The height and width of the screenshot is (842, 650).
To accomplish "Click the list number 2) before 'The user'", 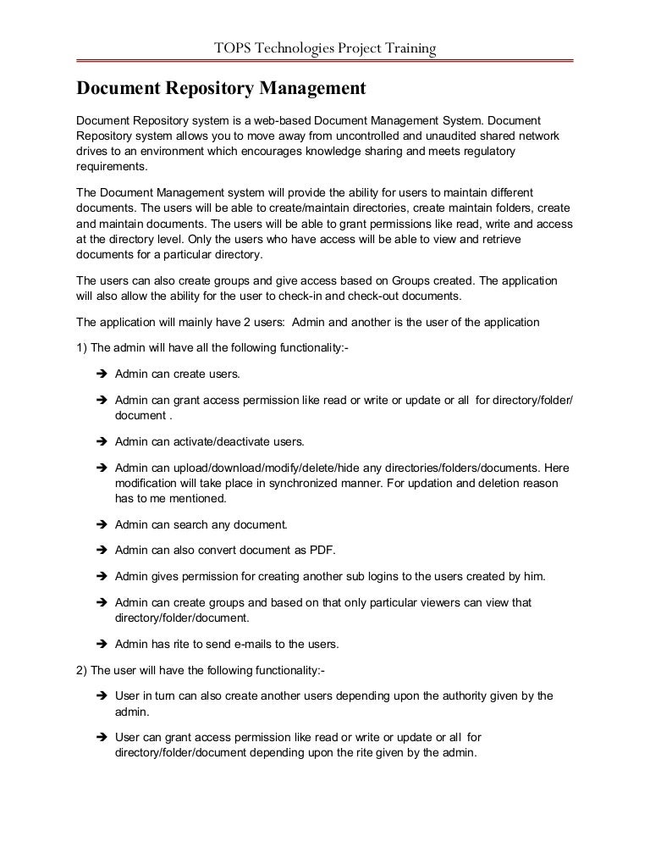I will [82, 670].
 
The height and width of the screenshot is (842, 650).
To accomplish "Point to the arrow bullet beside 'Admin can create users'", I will [98, 374].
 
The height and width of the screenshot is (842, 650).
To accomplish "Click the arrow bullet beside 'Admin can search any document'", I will [98, 525].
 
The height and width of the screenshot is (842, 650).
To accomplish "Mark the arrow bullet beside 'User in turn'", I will [98, 696].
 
